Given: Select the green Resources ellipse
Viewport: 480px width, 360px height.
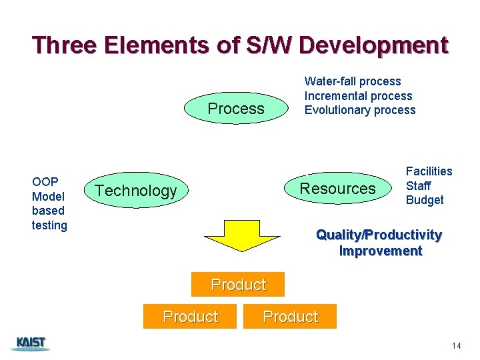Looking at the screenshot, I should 337,189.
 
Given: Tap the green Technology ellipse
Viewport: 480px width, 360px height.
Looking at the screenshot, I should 136,191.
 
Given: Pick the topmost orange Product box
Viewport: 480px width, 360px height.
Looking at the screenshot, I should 238,285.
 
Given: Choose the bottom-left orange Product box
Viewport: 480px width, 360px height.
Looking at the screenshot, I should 190,316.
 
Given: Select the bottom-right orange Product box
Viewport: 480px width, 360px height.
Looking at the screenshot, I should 291,316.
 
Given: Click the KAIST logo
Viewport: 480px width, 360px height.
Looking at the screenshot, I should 31,343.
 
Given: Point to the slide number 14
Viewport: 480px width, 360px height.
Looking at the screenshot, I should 456,345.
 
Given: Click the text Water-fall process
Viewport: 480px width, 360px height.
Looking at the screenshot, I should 353,81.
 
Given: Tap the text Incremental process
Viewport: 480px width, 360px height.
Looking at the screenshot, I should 358,96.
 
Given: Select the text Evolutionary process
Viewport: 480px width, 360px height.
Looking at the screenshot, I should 360,110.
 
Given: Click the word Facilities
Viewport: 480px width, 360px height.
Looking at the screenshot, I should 429,171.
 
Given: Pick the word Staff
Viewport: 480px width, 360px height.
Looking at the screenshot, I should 418,186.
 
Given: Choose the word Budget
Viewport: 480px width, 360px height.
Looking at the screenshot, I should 425,200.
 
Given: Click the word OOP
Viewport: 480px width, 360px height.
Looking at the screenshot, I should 45,181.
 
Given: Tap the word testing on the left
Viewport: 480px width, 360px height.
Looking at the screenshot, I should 49,225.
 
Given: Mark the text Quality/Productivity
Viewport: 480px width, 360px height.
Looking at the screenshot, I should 379,235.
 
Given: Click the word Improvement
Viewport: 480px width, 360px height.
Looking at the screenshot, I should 381,251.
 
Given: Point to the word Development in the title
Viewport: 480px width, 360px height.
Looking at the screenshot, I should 373,45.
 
